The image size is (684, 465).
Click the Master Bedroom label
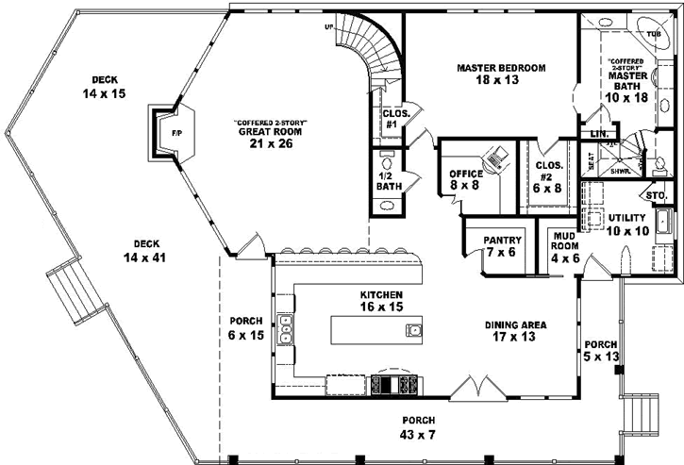490,75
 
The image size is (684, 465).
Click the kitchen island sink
413,329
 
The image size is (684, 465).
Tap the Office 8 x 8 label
466,179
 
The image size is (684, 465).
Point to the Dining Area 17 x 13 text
516,331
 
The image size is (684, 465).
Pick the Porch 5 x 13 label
600,349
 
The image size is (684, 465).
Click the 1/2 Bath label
388,180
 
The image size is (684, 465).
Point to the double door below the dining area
471,386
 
